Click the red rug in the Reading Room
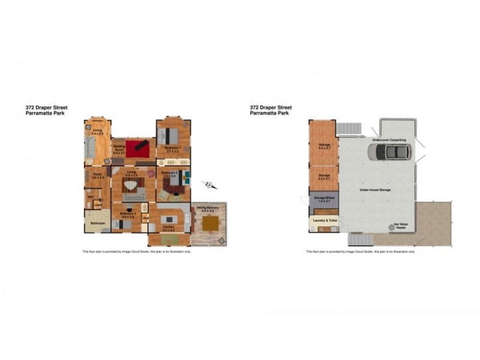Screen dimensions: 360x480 pos(137,146)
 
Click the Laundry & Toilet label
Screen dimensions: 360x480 pos(323,220)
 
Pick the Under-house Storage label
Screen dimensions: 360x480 pos(375,189)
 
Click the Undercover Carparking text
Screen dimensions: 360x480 pos(389,139)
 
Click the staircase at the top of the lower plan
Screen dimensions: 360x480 pos(350,128)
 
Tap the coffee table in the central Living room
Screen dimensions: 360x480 pos(131,186)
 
